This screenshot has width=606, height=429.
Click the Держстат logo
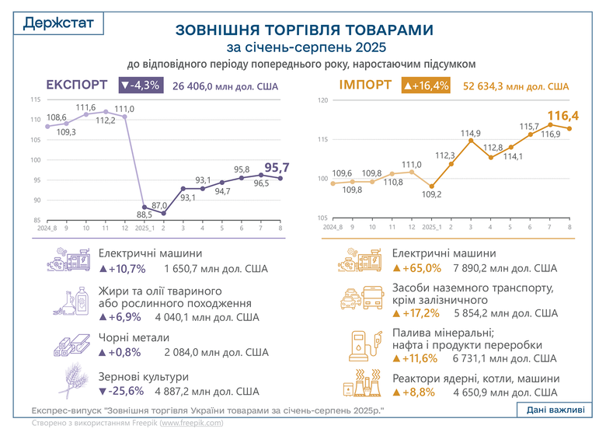pos(59,23)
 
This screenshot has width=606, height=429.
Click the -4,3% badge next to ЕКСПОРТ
pos(139,85)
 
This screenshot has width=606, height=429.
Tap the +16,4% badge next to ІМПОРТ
pos(425,85)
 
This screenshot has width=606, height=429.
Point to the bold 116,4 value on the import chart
pos(570,117)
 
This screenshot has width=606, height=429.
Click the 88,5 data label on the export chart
pos(143,214)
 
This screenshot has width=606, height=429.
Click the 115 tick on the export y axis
pos(36,100)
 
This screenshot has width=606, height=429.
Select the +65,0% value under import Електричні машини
pos(416,269)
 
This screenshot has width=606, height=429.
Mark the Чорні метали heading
pos(134,339)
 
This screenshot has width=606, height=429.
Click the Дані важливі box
pos(556,410)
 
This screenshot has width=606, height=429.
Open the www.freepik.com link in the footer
pos(191,423)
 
